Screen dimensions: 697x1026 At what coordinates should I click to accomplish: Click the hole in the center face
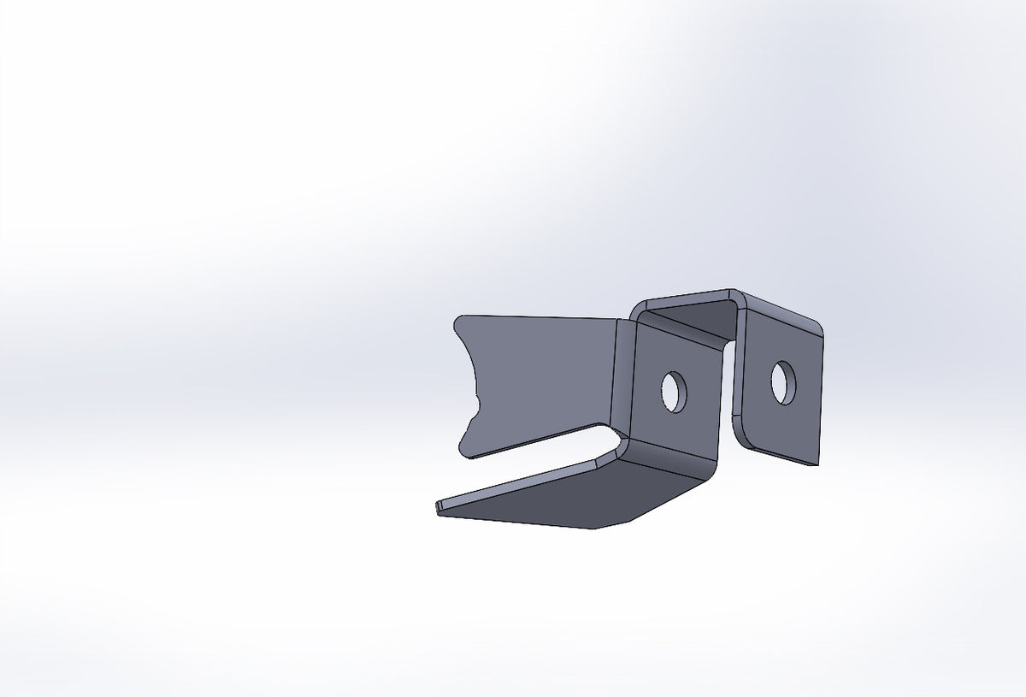[x=675, y=392]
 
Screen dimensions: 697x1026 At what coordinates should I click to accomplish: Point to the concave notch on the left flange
[x=473, y=385]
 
